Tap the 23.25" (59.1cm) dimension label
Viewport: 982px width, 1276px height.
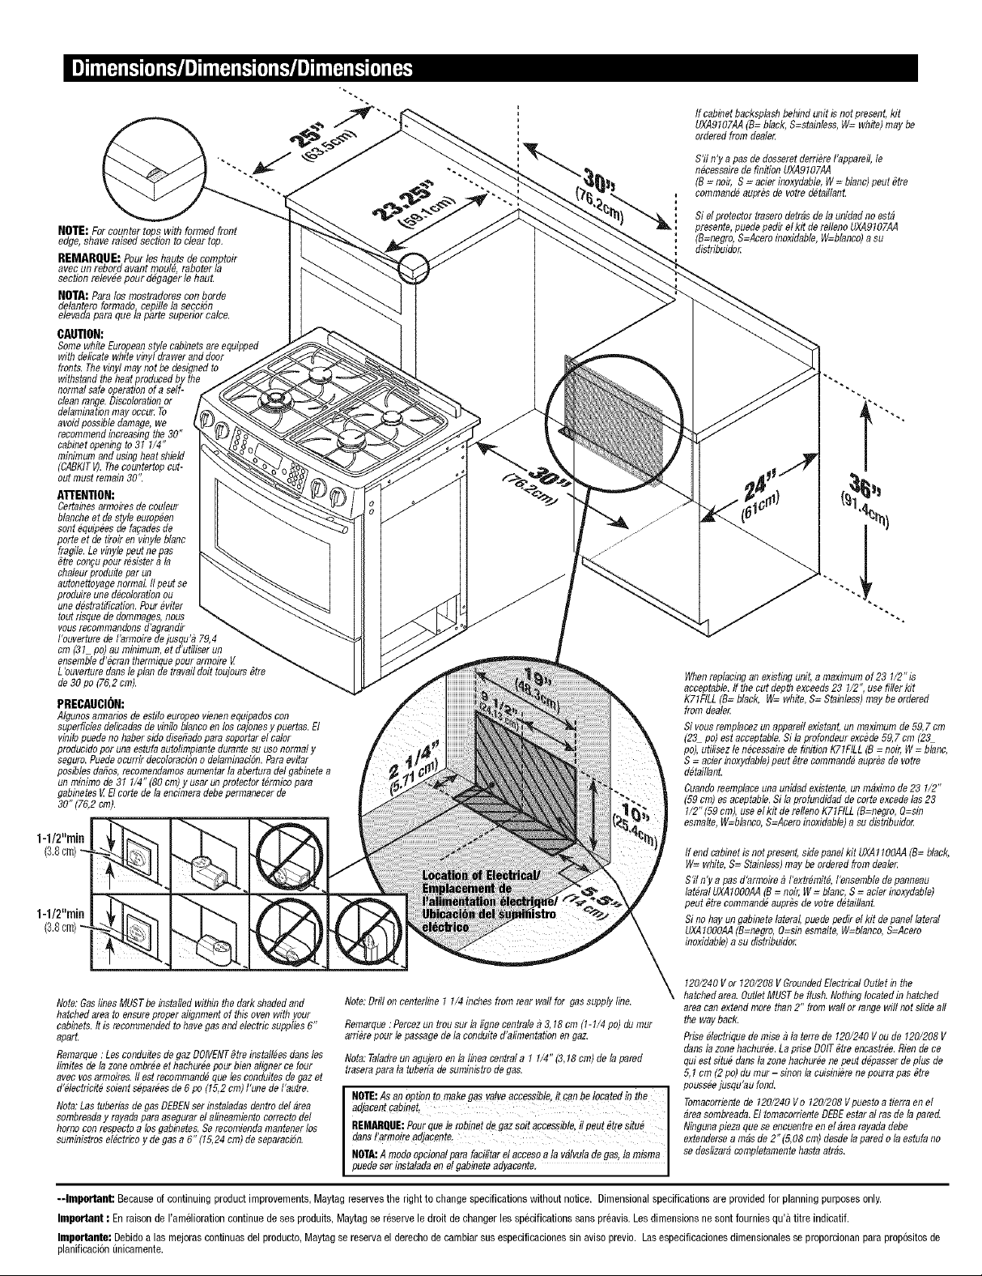click(413, 206)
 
